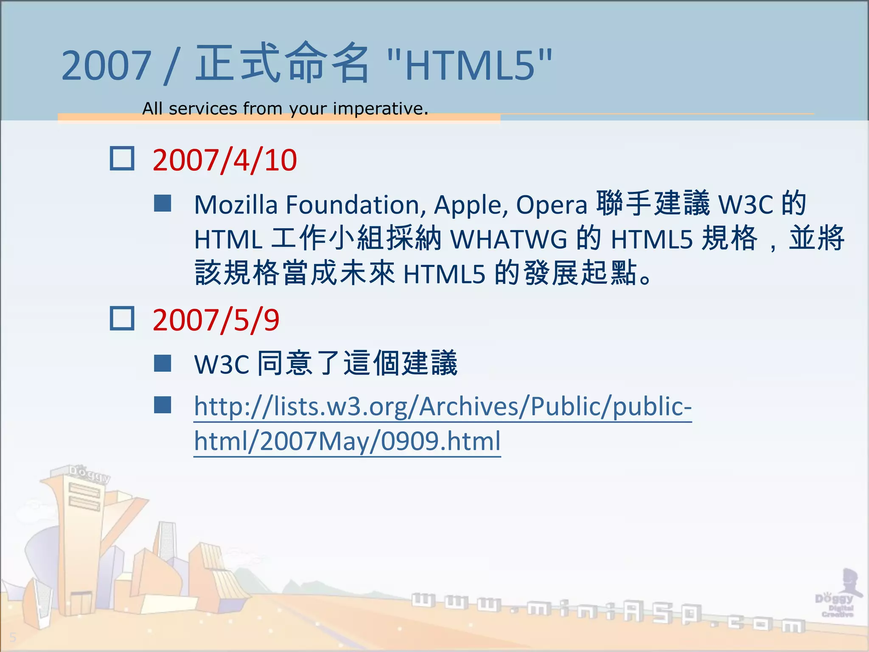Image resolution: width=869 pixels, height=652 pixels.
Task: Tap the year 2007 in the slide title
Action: pos(106,66)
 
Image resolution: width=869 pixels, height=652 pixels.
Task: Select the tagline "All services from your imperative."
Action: pos(285,109)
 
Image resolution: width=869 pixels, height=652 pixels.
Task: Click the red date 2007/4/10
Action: pos(224,160)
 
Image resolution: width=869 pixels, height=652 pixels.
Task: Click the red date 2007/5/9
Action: pos(216,320)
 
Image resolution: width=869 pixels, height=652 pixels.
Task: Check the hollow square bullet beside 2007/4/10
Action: pos(122,159)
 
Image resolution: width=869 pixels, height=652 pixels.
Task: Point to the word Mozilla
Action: pos(235,205)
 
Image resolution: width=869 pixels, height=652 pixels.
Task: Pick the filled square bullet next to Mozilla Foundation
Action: pos(163,204)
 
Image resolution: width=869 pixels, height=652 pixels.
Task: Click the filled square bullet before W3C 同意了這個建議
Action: pos(163,363)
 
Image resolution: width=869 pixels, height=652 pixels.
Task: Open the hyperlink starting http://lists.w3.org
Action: pos(443,407)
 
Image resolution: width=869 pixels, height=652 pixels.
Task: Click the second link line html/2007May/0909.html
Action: pos(347,441)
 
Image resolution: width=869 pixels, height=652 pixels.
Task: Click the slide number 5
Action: pos(13,637)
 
